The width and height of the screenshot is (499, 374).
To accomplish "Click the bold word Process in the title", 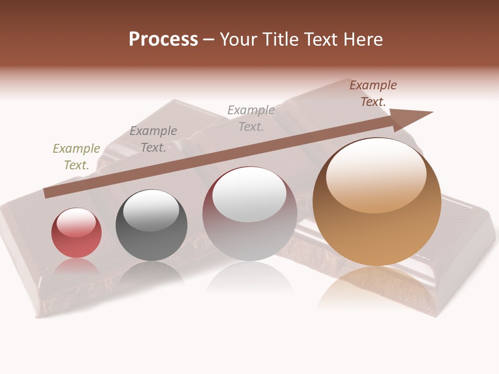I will point(163,39).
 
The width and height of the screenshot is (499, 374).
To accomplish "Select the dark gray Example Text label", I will point(153,139).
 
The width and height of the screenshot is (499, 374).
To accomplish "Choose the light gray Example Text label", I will point(251,118).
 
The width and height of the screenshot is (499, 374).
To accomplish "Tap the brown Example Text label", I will point(373,94).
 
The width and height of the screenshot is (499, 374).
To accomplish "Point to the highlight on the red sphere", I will point(76,222).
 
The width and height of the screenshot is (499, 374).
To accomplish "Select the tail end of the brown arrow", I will point(48,192).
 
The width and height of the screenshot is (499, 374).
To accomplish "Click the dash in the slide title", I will point(209,40).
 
